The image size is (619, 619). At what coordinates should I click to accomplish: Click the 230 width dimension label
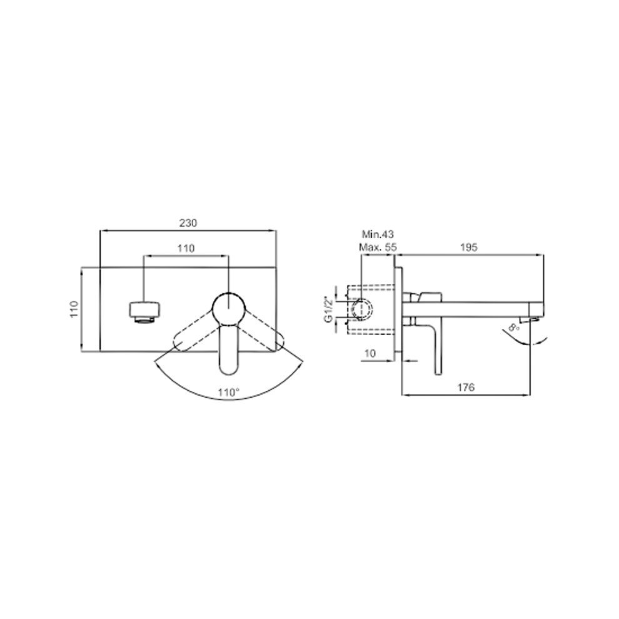(188, 223)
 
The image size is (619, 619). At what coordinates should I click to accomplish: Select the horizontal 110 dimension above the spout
(186, 248)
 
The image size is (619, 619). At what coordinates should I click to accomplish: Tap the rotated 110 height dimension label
(74, 309)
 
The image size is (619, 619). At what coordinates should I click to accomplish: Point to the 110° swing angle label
(229, 393)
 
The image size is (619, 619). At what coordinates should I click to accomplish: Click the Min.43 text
(378, 234)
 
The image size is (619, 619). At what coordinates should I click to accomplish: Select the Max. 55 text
(378, 248)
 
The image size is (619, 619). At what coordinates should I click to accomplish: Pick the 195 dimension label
(469, 248)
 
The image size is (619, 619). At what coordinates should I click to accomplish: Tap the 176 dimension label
(466, 387)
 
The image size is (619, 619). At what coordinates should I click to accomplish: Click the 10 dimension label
(370, 353)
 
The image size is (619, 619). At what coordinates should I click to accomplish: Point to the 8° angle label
(514, 327)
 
